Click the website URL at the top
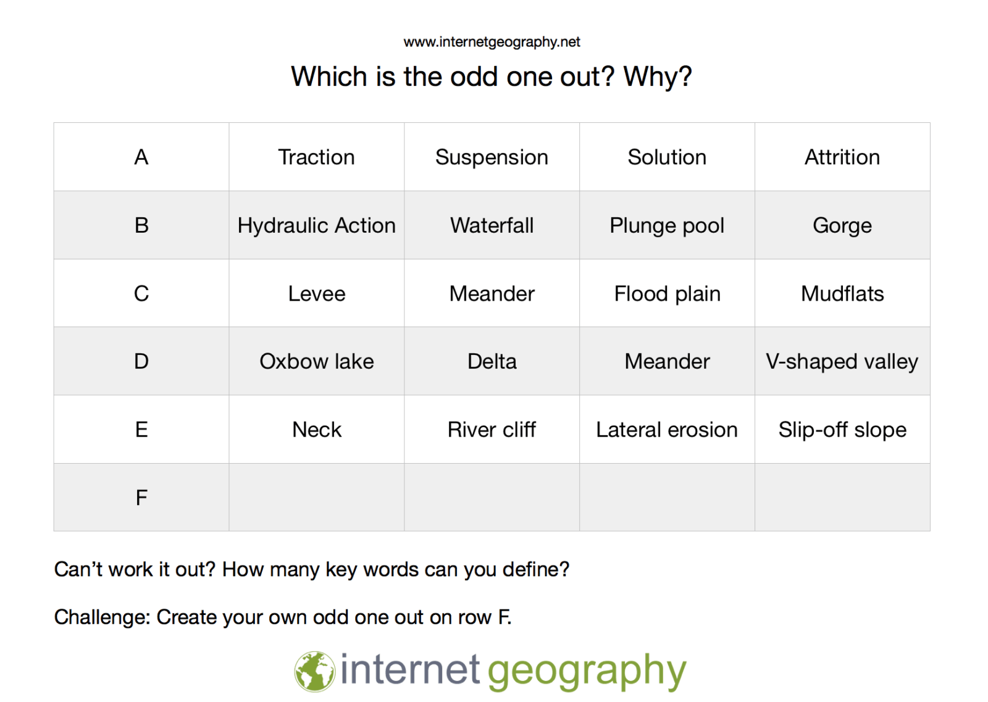tap(492, 43)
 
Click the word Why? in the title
tap(657, 77)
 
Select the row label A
tap(141, 157)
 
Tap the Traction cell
tap(316, 157)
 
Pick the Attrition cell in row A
tap(842, 157)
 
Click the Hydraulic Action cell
tap(316, 225)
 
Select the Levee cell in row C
tap(317, 294)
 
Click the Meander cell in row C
tap(492, 294)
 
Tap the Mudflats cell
tap(842, 294)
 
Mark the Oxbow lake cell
tap(317, 362)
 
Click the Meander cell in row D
tap(667, 362)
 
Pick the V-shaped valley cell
tap(842, 362)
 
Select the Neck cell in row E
tap(317, 430)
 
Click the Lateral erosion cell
tap(667, 430)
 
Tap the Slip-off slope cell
tap(842, 430)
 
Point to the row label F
tap(141, 498)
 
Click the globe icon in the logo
tap(315, 672)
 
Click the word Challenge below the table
tap(103, 617)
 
